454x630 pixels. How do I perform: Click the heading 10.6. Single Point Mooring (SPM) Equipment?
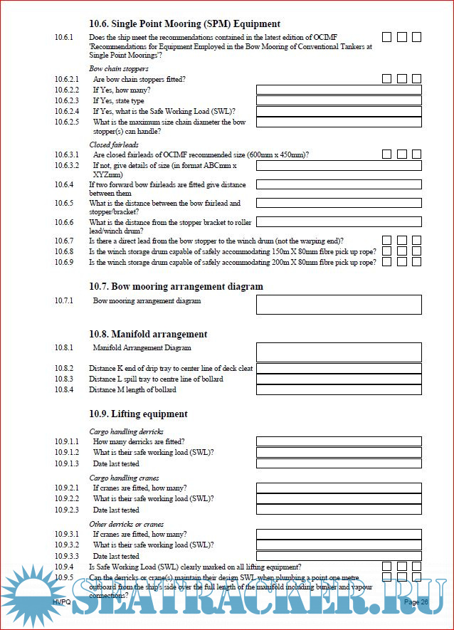tap(184, 23)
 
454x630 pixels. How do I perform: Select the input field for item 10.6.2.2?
tap(339, 90)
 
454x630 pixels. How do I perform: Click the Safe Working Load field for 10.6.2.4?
tap(339, 111)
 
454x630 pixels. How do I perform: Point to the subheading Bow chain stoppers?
tap(119, 69)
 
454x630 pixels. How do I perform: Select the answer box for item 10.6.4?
tap(339, 185)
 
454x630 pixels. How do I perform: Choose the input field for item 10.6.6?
tap(339, 223)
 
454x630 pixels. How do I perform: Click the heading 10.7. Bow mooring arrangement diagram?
tap(176, 286)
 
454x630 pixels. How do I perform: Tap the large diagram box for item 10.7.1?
tap(339, 305)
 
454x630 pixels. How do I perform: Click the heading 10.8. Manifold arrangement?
tap(148, 334)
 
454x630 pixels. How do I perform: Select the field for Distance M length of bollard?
tap(339, 389)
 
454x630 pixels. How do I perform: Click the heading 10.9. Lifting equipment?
tap(138, 414)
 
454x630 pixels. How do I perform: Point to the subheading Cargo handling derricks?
tap(126, 431)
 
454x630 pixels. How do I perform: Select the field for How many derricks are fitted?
tap(339, 442)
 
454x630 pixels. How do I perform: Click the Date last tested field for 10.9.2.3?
tap(339, 510)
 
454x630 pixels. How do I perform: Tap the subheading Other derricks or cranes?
tap(126, 524)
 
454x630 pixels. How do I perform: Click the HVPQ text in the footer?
tap(63, 602)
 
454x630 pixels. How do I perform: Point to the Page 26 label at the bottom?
tap(416, 602)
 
